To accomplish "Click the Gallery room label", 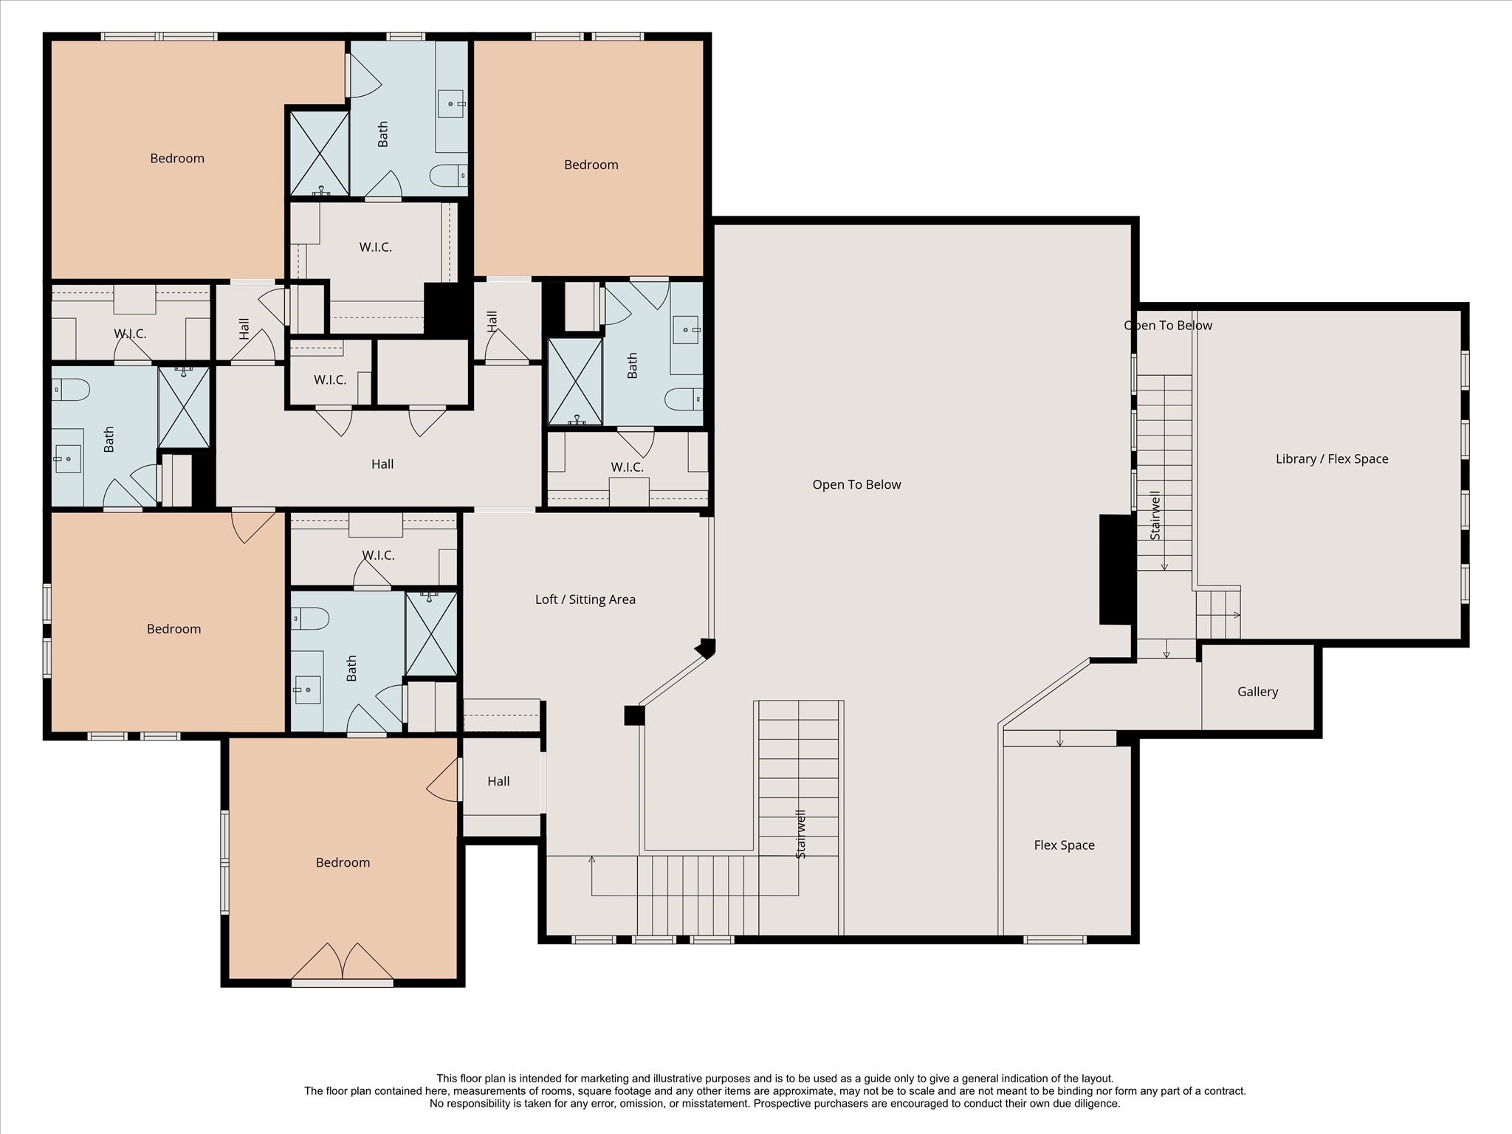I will click(1257, 692).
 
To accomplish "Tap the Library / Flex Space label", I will click(1331, 458).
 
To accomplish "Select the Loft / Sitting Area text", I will click(585, 599).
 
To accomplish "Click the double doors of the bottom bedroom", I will click(343, 962).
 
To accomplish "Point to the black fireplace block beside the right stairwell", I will click(1116, 569).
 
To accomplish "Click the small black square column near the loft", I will click(634, 715).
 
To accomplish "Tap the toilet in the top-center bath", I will click(447, 176).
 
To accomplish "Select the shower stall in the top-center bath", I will click(319, 153).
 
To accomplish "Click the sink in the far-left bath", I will click(67, 459).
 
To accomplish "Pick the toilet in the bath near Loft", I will click(310, 618).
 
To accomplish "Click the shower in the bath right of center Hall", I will click(575, 382).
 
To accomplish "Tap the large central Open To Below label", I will click(856, 484).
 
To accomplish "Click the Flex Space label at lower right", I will click(1064, 845).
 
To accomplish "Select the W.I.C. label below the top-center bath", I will click(375, 247).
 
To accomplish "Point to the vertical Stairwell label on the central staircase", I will click(801, 834).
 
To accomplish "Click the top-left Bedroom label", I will click(177, 158).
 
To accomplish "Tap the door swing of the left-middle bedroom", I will click(251, 526).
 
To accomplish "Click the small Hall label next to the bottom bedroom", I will click(498, 781).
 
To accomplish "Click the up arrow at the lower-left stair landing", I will click(591, 860).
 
